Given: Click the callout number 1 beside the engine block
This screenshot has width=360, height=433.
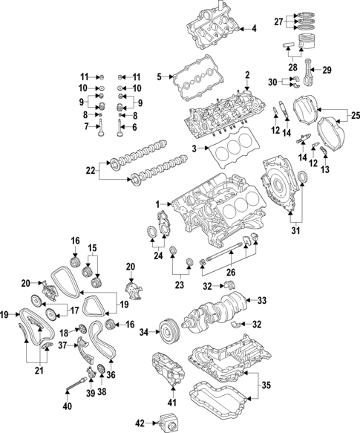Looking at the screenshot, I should [x=158, y=204].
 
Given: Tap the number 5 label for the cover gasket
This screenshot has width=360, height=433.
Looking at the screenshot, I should [x=159, y=76].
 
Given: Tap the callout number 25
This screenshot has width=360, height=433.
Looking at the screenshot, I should [x=353, y=115].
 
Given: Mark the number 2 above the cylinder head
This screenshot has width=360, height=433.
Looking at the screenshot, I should [x=246, y=74].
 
